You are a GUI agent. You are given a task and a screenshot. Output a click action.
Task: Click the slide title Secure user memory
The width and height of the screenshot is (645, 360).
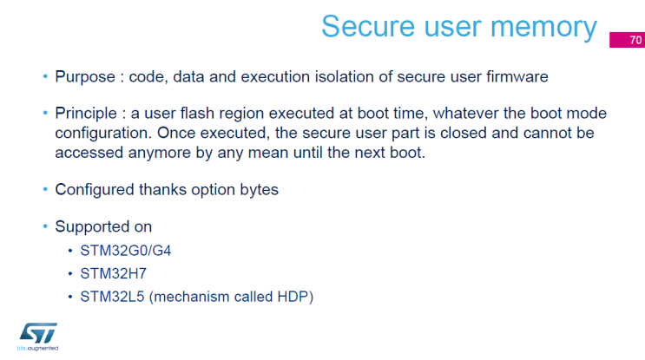[x=458, y=26]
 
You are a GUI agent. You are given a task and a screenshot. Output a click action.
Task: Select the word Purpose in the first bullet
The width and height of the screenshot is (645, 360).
[x=84, y=77]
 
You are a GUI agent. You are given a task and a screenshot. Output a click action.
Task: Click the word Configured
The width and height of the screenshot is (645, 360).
[x=94, y=189]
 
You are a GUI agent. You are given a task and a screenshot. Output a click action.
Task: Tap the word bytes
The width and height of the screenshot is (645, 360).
[x=258, y=189]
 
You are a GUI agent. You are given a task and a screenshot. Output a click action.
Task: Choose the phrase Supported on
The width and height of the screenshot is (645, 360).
[x=103, y=227]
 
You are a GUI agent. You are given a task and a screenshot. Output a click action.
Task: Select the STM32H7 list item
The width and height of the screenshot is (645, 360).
[x=114, y=274]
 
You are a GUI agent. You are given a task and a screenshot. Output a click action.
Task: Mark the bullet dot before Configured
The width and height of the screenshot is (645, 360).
[x=45, y=189]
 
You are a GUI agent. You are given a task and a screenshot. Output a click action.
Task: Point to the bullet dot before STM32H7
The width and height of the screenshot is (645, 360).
[x=71, y=274]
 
